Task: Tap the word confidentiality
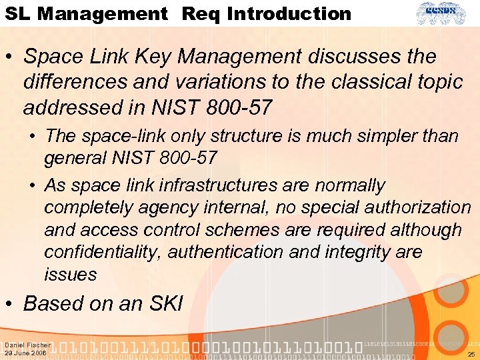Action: pos(103,252)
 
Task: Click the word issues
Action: pos(71,275)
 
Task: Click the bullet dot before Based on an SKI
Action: pos(9,305)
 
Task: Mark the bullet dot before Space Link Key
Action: pos(9,57)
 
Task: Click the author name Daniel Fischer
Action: pos(27,345)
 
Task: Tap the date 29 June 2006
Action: pos(25,353)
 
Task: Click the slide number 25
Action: pos(471,354)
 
